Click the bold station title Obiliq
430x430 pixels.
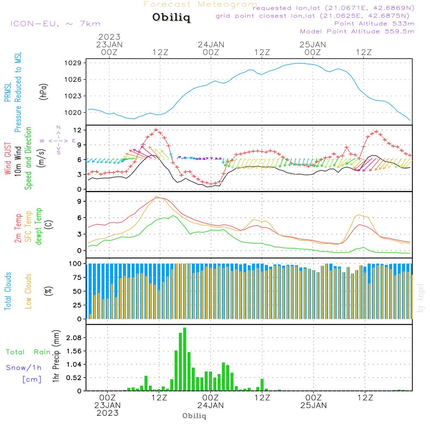click(171, 18)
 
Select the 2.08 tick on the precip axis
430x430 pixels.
click(74, 338)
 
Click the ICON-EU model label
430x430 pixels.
click(55, 24)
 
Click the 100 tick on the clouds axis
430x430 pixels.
click(76, 264)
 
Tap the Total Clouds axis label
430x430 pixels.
click(8, 291)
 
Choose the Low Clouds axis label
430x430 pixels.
click(28, 291)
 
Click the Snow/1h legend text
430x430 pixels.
click(24, 368)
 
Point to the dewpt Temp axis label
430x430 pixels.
click(39, 227)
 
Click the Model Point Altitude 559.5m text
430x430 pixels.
click(357, 31)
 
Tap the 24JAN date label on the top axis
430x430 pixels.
click(211, 44)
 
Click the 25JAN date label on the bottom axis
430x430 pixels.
click(313, 405)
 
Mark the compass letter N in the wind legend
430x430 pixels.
click(58, 128)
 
